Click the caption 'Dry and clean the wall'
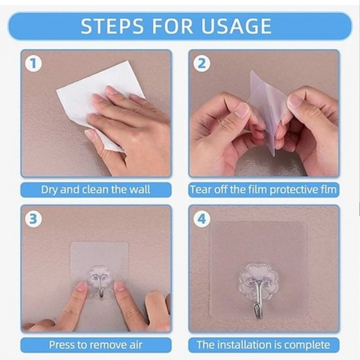(96, 190)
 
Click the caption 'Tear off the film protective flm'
(264, 190)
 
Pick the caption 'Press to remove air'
(96, 344)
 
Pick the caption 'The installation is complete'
(264, 344)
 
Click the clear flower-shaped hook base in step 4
(259, 278)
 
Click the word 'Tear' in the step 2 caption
(201, 190)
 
